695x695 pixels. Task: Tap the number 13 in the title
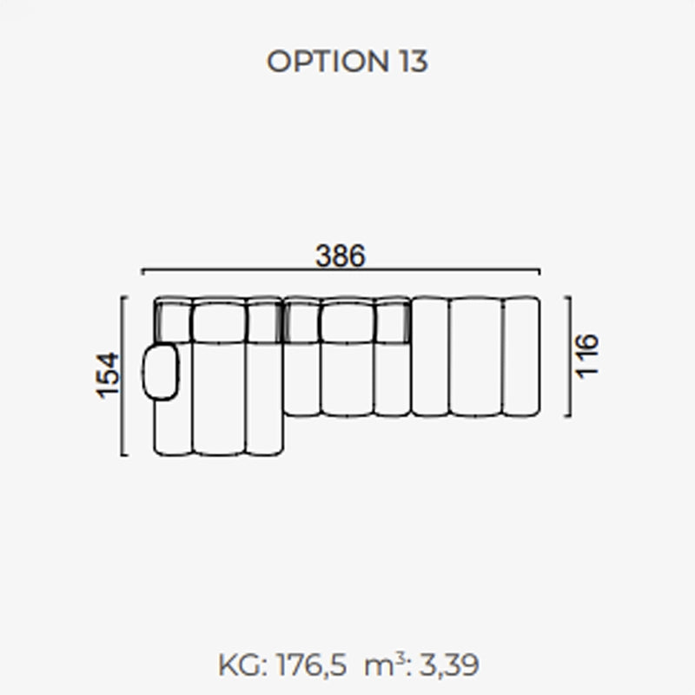pos(414,61)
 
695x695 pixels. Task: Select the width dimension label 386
pos(341,255)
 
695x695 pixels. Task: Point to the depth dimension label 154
pos(108,375)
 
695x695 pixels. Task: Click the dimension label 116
pos(586,356)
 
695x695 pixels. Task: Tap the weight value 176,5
pos(311,665)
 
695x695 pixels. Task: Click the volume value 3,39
pos(448,665)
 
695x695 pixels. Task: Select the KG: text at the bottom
pos(243,665)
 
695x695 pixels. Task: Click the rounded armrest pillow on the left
pos(160,373)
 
